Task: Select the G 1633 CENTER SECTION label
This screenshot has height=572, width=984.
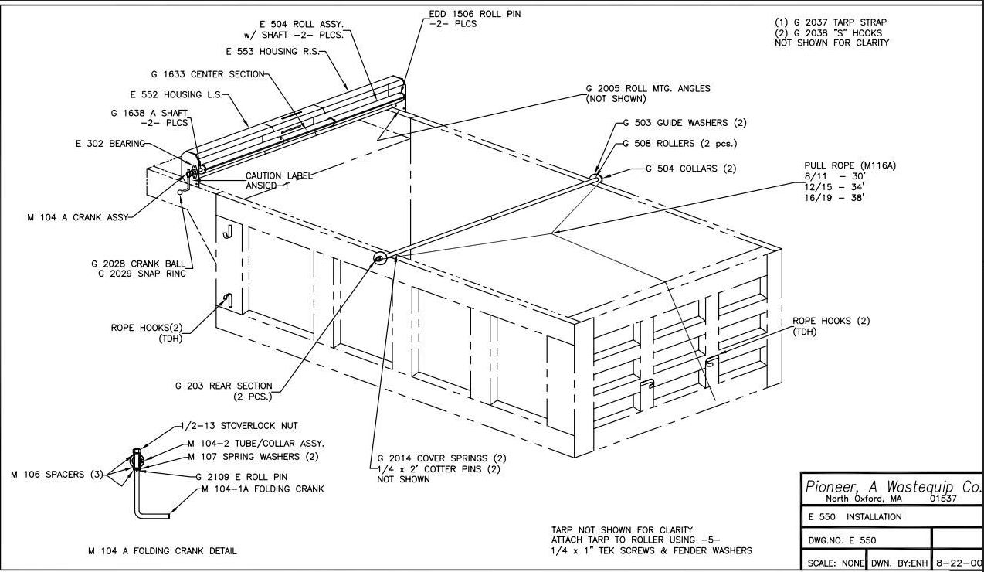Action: [x=207, y=75]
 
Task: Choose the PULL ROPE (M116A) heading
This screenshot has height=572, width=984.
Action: [x=850, y=165]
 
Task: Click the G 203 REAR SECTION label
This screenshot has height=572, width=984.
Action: [x=223, y=386]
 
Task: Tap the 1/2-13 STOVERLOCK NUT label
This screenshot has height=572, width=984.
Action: [x=238, y=425]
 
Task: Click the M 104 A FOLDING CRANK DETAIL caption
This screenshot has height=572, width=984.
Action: [x=162, y=551]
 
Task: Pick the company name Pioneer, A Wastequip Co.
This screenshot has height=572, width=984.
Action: [x=893, y=487]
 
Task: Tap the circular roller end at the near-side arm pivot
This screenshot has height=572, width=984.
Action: [x=380, y=258]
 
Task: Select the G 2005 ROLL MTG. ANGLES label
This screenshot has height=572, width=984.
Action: [x=648, y=89]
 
